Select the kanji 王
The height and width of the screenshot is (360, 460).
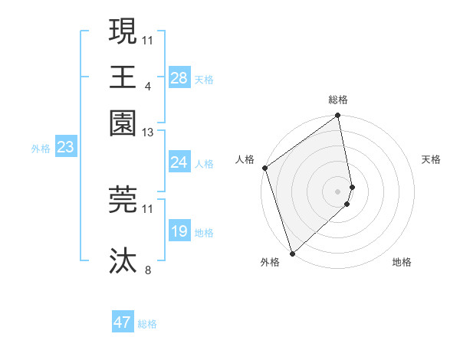pyautogui.click(x=123, y=77)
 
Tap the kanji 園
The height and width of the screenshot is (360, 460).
pyautogui.click(x=123, y=122)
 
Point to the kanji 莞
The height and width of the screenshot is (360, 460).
pyautogui.click(x=123, y=199)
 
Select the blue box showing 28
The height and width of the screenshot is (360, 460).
pyautogui.click(x=179, y=78)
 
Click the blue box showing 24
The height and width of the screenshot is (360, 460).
pyautogui.click(x=179, y=162)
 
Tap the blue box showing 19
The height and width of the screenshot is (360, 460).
pyautogui.click(x=179, y=231)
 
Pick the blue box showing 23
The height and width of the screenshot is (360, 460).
pyautogui.click(x=65, y=147)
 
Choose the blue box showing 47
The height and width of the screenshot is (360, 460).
pyautogui.click(x=123, y=322)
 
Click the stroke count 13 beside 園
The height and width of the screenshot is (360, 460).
pyautogui.click(x=148, y=133)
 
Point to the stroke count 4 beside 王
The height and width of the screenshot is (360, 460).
pyautogui.click(x=147, y=86)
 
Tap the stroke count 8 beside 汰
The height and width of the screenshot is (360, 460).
pyautogui.click(x=147, y=270)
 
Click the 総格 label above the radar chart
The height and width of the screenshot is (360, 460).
pyautogui.click(x=338, y=100)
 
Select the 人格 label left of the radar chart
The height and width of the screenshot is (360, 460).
pyautogui.click(x=245, y=159)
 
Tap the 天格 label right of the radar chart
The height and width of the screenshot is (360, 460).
pyautogui.click(x=431, y=159)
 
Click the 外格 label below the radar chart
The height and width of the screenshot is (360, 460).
pyautogui.click(x=269, y=263)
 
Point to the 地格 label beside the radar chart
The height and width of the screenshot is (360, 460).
pyautogui.click(x=402, y=263)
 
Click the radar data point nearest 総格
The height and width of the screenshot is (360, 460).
pyautogui.click(x=338, y=116)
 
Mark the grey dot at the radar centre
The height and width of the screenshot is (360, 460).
pyautogui.click(x=338, y=191)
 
